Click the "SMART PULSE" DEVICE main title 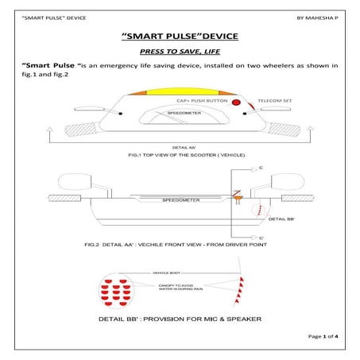[180, 37]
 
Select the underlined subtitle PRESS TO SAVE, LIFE [180, 50]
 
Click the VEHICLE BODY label [169, 273]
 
